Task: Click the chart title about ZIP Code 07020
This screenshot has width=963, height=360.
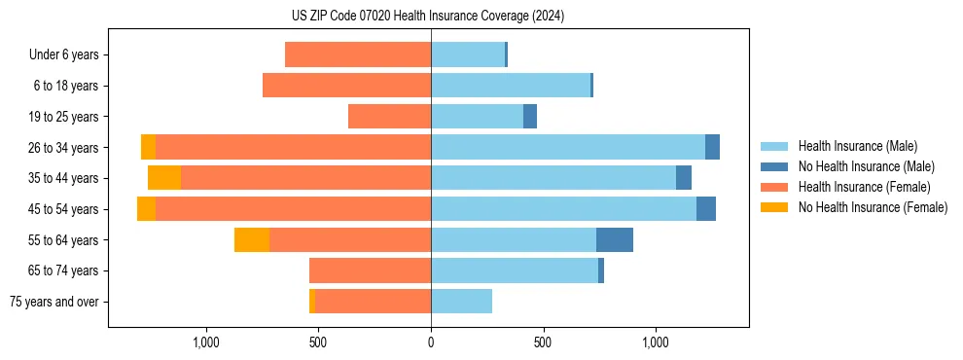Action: click(x=428, y=17)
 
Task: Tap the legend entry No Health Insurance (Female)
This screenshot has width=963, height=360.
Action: click(x=873, y=207)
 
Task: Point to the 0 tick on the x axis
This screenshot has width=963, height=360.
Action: click(x=431, y=342)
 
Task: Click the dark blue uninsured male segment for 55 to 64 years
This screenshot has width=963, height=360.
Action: click(x=615, y=239)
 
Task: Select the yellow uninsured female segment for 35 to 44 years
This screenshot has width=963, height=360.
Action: click(x=164, y=178)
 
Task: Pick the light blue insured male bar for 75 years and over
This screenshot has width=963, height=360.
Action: click(x=461, y=302)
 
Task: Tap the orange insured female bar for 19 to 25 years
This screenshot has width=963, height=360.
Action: click(x=389, y=117)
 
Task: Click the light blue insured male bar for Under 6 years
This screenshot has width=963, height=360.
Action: click(x=468, y=54)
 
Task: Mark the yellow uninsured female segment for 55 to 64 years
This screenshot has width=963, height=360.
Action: click(x=252, y=239)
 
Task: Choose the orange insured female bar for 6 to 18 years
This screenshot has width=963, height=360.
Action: click(x=346, y=86)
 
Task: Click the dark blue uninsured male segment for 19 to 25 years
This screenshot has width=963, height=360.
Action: click(x=530, y=117)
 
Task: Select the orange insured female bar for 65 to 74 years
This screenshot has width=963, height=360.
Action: click(x=370, y=270)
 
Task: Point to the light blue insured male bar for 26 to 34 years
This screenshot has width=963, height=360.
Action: click(x=568, y=147)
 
